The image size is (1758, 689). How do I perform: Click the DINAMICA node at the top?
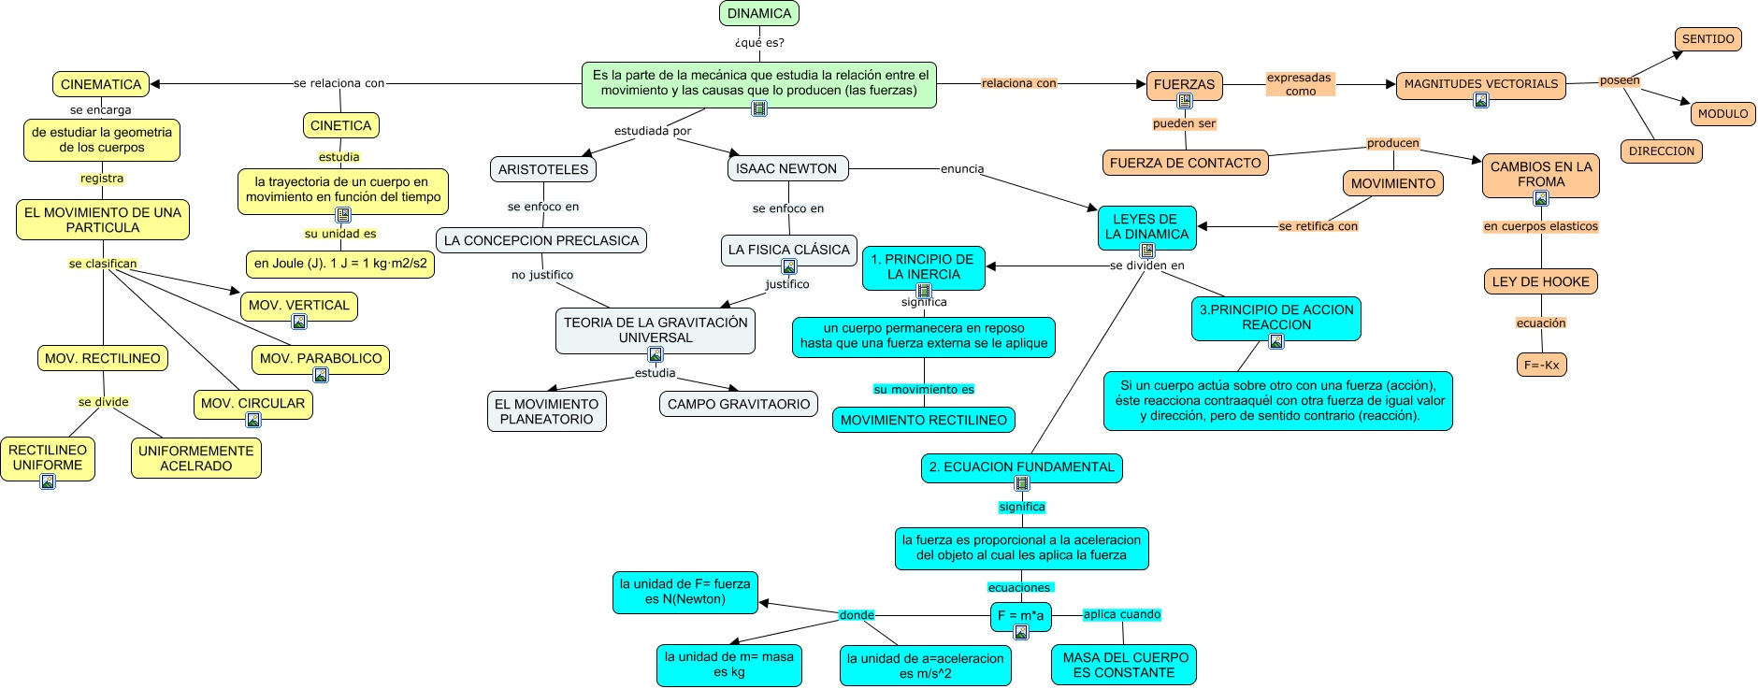[x=759, y=13]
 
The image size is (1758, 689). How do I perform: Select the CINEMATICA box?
[x=101, y=84]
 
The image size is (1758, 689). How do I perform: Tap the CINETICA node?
[x=340, y=125]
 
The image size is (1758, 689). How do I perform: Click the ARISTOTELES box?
[x=543, y=169]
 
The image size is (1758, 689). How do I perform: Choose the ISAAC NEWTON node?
[x=787, y=168]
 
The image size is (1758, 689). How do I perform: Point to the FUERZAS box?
[x=1184, y=84]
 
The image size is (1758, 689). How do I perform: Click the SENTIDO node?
[x=1708, y=39]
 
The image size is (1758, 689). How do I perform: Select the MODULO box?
[x=1723, y=114]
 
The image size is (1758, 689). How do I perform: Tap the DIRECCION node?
[x=1662, y=151]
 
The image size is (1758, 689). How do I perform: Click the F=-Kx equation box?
[x=1542, y=366]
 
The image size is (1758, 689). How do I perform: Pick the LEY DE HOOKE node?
[x=1541, y=281]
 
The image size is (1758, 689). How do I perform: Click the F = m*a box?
[x=1020, y=615]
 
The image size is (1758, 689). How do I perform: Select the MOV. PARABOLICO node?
[x=321, y=359]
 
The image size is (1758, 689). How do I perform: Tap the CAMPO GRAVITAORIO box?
[x=739, y=404]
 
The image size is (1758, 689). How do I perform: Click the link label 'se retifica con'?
[x=1318, y=226]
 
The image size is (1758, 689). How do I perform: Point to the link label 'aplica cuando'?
[x=1122, y=614]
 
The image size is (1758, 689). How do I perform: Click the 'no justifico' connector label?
[x=542, y=275]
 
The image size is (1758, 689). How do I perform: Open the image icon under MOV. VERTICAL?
[x=299, y=322]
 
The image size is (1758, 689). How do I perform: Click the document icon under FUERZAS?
[x=1185, y=101]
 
